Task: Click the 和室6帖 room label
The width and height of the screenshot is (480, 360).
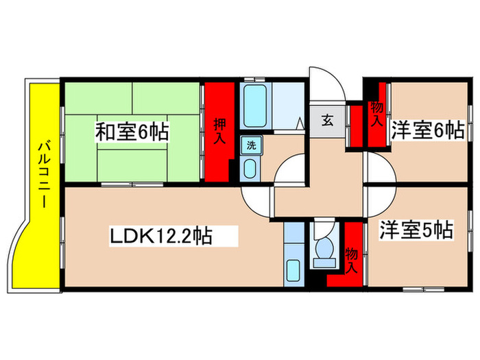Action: (132, 132)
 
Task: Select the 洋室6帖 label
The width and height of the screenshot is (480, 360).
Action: (427, 130)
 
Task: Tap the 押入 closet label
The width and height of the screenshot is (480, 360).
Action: (219, 131)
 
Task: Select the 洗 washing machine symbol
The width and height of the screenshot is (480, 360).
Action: (250, 145)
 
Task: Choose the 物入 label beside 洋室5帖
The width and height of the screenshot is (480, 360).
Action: (351, 259)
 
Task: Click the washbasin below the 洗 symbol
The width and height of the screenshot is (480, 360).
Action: (249, 167)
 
